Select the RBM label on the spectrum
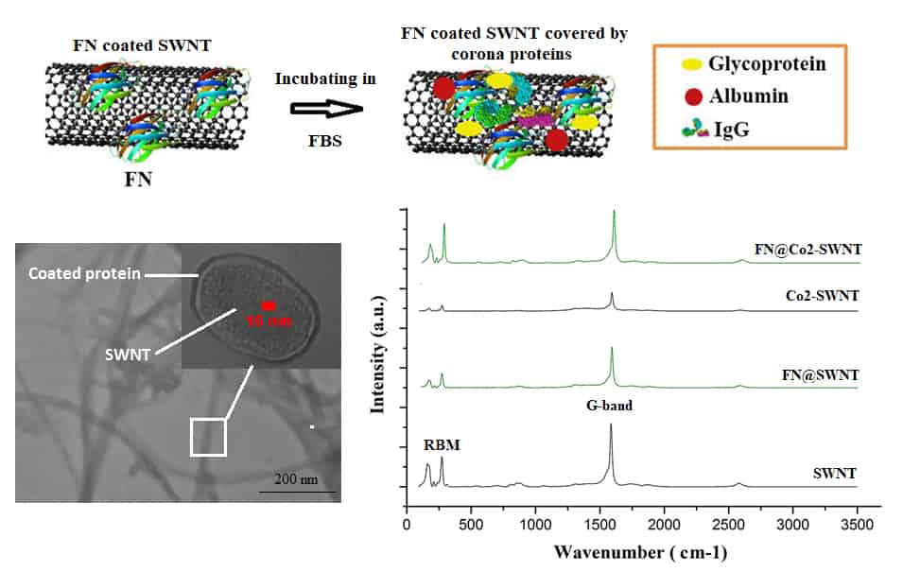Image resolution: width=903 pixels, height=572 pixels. pyautogui.click(x=439, y=443)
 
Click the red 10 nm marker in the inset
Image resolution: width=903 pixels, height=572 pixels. pyautogui.click(x=269, y=305)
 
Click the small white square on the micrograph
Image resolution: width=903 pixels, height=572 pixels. pyautogui.click(x=208, y=438)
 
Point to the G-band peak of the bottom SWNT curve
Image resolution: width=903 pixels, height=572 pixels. pyautogui.click(x=611, y=427)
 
